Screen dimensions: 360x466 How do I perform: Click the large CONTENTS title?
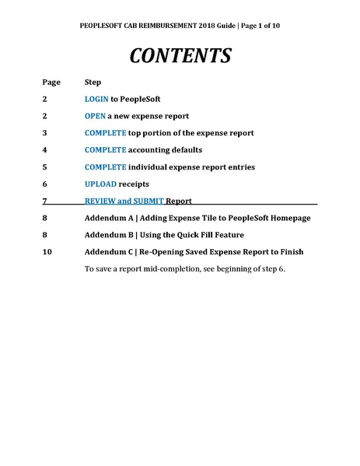click(x=180, y=55)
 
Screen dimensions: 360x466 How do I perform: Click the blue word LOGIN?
click(x=96, y=100)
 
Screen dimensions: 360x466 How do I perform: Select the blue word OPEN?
click(x=95, y=116)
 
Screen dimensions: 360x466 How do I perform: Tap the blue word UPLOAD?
click(x=100, y=184)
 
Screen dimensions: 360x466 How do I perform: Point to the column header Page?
click(x=51, y=82)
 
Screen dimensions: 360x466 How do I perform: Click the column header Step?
click(x=93, y=82)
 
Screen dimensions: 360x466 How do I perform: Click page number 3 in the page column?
click(x=45, y=133)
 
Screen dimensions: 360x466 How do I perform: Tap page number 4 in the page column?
click(x=45, y=149)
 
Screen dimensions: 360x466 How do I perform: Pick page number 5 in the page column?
click(x=45, y=166)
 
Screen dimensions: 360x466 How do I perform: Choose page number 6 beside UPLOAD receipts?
click(x=45, y=184)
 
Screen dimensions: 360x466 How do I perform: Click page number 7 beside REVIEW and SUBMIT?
click(x=45, y=201)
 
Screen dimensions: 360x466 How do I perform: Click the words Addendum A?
click(x=108, y=218)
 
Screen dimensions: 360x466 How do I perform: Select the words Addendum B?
click(x=108, y=234)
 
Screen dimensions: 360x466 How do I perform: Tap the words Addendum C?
click(x=108, y=251)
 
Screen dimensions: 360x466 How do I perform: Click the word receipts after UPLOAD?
click(x=135, y=184)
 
